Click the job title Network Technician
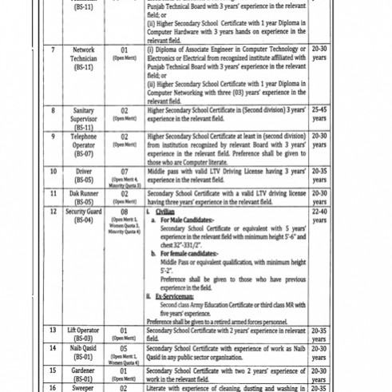point(84,53)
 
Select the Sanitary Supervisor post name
point(84,117)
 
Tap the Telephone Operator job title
point(84,141)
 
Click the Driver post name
point(84,172)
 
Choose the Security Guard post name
point(84,212)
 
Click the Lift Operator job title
point(84,330)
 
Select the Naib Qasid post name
point(84,349)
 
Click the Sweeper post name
point(84,387)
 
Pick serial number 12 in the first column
point(53,212)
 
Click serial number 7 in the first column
point(53,49)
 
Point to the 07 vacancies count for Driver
point(125,172)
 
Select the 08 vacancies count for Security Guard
point(125,212)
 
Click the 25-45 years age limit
point(319,113)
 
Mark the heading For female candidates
point(191,253)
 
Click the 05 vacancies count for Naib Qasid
point(125,349)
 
